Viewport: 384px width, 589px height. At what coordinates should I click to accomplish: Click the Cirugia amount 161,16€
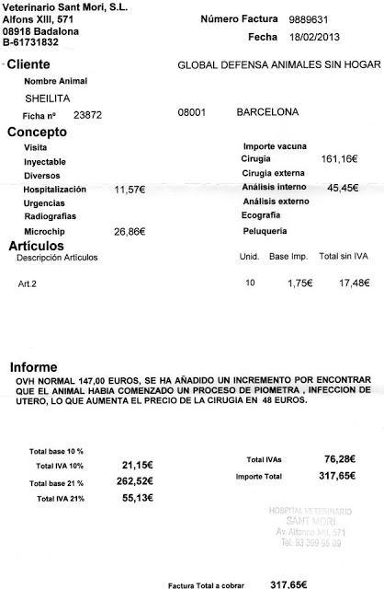tap(337, 159)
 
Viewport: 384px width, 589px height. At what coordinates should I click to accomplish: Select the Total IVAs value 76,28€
tap(339, 458)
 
